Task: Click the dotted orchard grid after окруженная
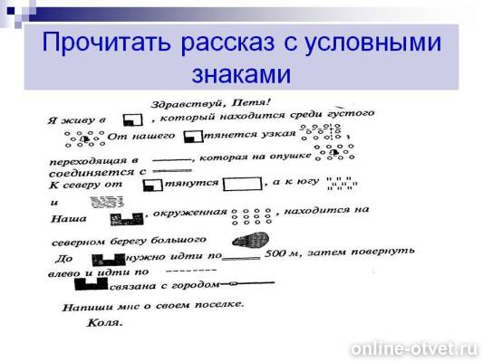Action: click(x=252, y=217)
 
